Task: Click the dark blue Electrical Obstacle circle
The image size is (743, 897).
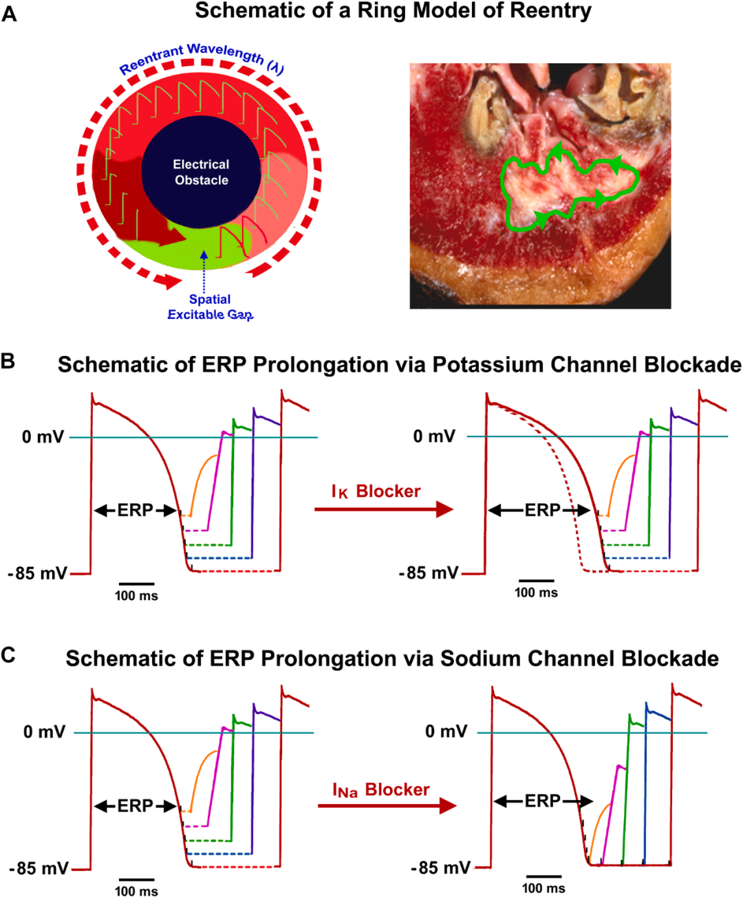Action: coord(201,173)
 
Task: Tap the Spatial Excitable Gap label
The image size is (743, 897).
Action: coord(210,307)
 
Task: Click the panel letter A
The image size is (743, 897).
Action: coord(9,13)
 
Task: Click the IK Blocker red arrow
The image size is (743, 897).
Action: coord(383,509)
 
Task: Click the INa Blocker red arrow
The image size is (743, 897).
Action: coord(387,806)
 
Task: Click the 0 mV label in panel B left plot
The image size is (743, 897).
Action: coord(43,437)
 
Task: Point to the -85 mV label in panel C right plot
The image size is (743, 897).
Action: coord(440,867)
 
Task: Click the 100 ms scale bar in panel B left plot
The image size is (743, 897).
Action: coord(136,584)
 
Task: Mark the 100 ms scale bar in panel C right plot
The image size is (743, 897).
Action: coord(543,876)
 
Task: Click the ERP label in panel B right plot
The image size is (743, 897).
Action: coord(542,510)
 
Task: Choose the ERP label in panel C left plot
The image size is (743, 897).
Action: coord(135,806)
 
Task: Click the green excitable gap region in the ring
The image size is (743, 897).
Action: coord(206,247)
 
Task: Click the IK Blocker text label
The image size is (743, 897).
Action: coord(376,491)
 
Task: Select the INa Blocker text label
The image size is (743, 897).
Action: coord(380,790)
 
